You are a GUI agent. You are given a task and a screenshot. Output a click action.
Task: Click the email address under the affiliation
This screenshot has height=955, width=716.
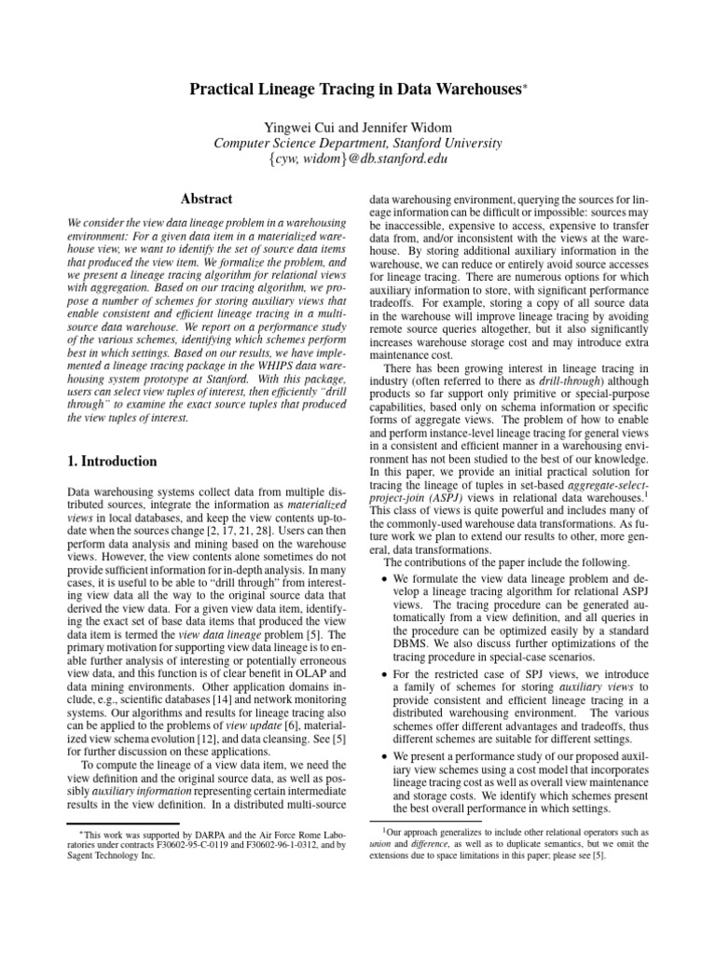tap(357, 159)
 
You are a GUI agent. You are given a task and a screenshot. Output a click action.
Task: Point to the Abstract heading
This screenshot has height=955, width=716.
tap(205, 199)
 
